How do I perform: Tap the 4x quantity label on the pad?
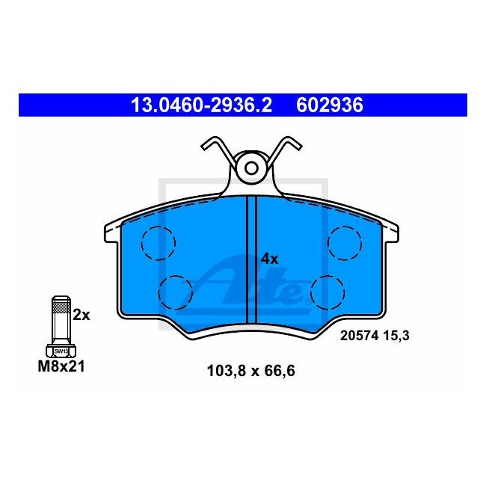[x=269, y=259]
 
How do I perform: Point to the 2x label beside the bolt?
[x=81, y=315]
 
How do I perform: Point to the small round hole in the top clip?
[x=251, y=167]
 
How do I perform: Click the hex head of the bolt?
[x=59, y=349]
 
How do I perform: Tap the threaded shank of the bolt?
[x=59, y=318]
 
